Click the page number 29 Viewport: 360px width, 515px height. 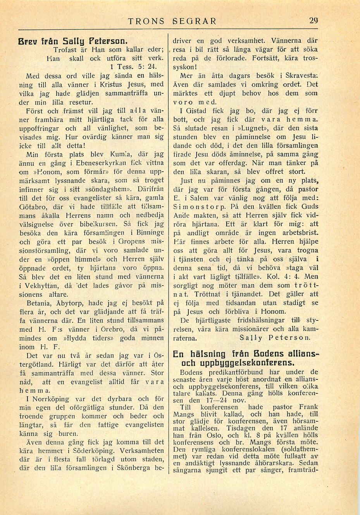[x=313, y=21]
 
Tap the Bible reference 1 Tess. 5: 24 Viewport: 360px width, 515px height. [x=128, y=67]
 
